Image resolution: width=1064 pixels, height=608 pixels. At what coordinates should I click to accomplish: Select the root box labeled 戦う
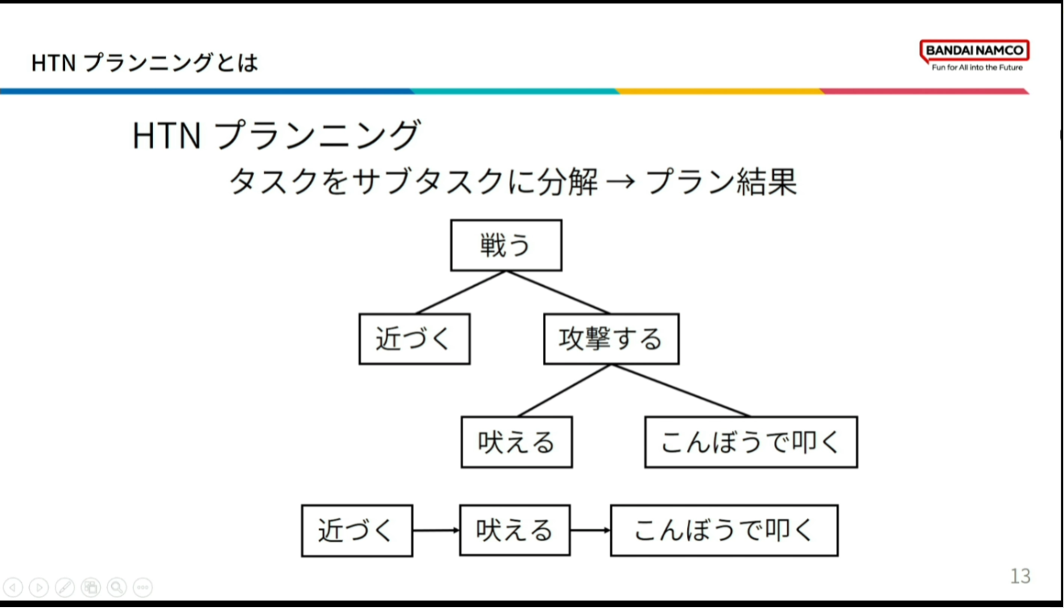pyautogui.click(x=507, y=245)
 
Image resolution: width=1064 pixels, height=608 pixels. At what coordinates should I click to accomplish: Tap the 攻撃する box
pyautogui.click(x=611, y=339)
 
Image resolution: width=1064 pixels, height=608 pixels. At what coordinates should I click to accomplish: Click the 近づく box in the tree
pyautogui.click(x=415, y=339)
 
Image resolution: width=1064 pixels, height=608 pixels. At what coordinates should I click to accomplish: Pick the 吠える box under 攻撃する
pyautogui.click(x=517, y=442)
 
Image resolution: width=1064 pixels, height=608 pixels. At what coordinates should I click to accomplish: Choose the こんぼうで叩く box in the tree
pyautogui.click(x=751, y=442)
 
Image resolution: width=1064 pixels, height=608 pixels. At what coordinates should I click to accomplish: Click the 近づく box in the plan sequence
pyautogui.click(x=357, y=531)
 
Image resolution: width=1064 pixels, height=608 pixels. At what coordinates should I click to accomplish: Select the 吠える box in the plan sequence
pyautogui.click(x=515, y=530)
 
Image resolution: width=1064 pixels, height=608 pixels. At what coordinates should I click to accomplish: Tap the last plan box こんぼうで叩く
pyautogui.click(x=724, y=530)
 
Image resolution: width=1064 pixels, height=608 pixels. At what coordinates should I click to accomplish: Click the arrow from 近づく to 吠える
pyautogui.click(x=436, y=530)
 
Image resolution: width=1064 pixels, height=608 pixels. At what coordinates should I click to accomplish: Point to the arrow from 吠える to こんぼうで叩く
pyautogui.click(x=590, y=530)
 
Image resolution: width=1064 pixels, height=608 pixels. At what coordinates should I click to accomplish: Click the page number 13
pyautogui.click(x=1021, y=576)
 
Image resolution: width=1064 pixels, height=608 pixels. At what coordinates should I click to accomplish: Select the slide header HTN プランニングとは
pyautogui.click(x=145, y=63)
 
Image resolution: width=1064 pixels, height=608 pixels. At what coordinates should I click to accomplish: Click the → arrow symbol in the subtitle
pyautogui.click(x=621, y=181)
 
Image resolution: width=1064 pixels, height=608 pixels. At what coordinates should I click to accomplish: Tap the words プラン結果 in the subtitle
pyautogui.click(x=721, y=181)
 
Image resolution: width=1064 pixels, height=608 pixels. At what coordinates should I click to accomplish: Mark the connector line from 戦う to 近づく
pyautogui.click(x=460, y=292)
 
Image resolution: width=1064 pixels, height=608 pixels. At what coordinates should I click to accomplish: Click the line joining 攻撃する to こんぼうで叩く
pyautogui.click(x=681, y=391)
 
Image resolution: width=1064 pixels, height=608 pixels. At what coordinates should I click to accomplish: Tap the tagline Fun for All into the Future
pyautogui.click(x=977, y=68)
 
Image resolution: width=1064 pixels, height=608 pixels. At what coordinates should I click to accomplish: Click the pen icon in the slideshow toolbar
pyautogui.click(x=64, y=588)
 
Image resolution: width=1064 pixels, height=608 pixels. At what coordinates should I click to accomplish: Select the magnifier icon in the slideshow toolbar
pyautogui.click(x=117, y=588)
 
